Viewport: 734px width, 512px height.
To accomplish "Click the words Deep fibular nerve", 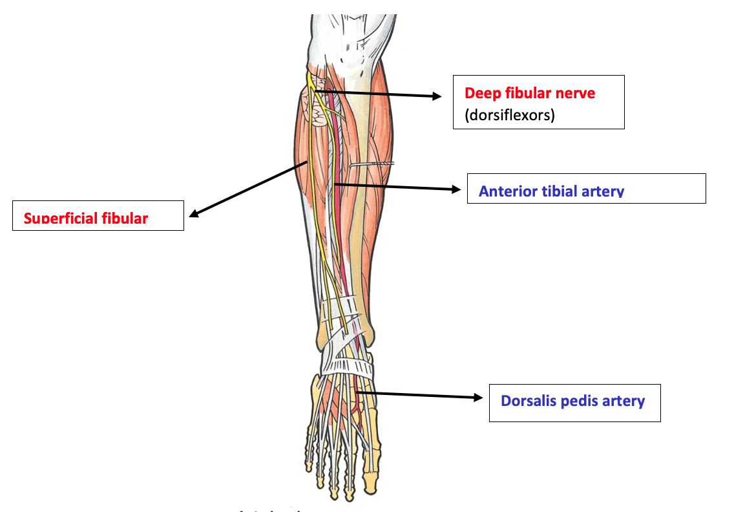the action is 530,93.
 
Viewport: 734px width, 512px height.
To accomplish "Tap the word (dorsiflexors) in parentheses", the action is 510,116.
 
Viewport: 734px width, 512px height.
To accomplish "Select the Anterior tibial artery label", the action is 551,191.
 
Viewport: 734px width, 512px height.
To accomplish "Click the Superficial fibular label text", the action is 86,218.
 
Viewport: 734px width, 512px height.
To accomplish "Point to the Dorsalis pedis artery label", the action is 572,401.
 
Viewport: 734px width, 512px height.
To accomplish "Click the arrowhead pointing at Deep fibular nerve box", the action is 437,97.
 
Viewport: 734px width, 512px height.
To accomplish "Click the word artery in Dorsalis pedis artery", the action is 624,401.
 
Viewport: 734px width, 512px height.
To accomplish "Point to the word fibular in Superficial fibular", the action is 125,218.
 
